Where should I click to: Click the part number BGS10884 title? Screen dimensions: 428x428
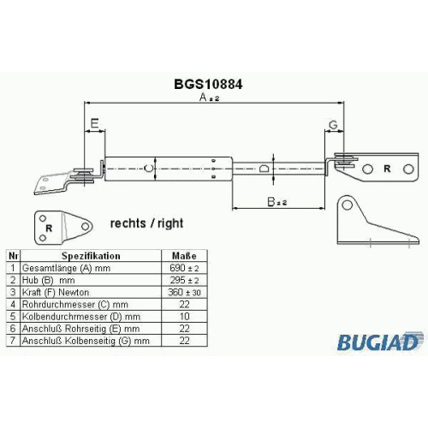[208, 84]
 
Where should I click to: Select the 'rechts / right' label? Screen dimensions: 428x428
[146, 223]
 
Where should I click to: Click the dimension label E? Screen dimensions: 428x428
[94, 123]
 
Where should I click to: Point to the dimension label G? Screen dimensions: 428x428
[333, 125]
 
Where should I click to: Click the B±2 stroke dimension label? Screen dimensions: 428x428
[276, 202]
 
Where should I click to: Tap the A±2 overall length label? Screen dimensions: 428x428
[209, 98]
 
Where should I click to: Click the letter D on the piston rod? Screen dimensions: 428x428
[265, 168]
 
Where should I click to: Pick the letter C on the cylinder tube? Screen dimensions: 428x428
[148, 168]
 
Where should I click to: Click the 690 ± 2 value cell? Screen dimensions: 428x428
[184, 268]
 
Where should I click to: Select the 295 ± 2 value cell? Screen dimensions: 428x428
[184, 280]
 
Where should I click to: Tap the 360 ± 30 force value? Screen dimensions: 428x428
[184, 292]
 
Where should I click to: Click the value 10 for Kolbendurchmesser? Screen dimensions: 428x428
[184, 316]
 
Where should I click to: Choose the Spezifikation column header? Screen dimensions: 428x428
[91, 256]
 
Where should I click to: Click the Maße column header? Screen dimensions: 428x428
[184, 256]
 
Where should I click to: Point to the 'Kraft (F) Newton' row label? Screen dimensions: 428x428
[56, 292]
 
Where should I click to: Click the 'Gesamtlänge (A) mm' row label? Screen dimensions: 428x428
[66, 268]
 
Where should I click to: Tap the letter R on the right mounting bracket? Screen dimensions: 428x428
[387, 169]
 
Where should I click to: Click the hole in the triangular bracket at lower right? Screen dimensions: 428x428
[347, 205]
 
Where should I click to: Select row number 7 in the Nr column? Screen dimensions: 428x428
[13, 341]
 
